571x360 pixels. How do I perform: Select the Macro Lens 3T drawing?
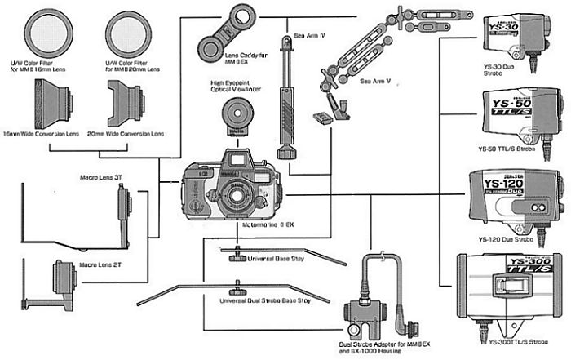[123, 207]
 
